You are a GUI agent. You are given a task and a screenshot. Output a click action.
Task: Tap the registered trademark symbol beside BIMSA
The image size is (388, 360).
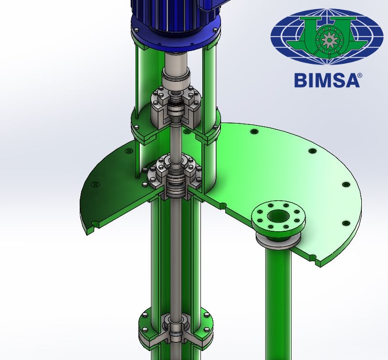coord(360,75)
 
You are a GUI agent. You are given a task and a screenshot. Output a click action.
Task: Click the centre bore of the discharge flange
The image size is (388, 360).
coord(278,216)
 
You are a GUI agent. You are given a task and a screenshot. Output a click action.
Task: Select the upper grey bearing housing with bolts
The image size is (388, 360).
coord(176,106)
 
